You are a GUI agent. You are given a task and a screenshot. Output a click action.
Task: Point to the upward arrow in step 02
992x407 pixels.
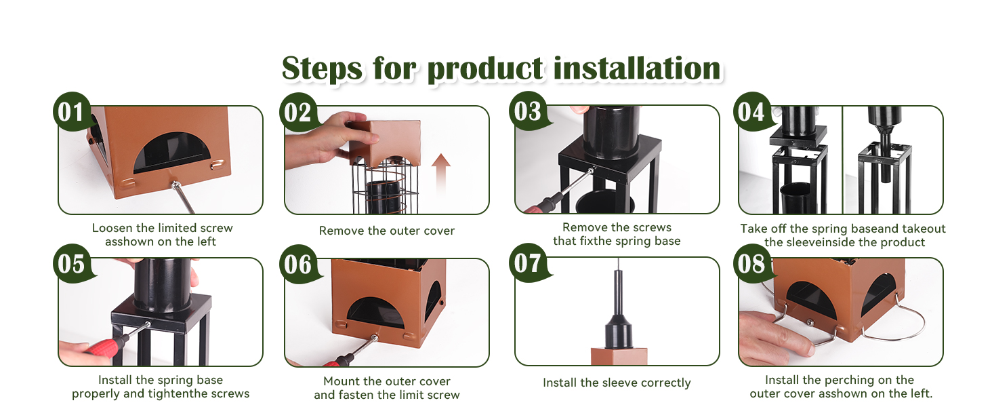[441, 173]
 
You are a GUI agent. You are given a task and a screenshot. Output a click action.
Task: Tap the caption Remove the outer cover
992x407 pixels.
[387, 231]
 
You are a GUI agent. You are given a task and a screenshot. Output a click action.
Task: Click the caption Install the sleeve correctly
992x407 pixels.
[617, 383]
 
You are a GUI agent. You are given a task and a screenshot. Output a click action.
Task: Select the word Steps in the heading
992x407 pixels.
[321, 69]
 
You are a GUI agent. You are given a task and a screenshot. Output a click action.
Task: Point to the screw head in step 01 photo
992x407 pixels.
[175, 185]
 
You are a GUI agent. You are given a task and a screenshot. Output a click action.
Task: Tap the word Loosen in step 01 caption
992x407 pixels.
[112, 228]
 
